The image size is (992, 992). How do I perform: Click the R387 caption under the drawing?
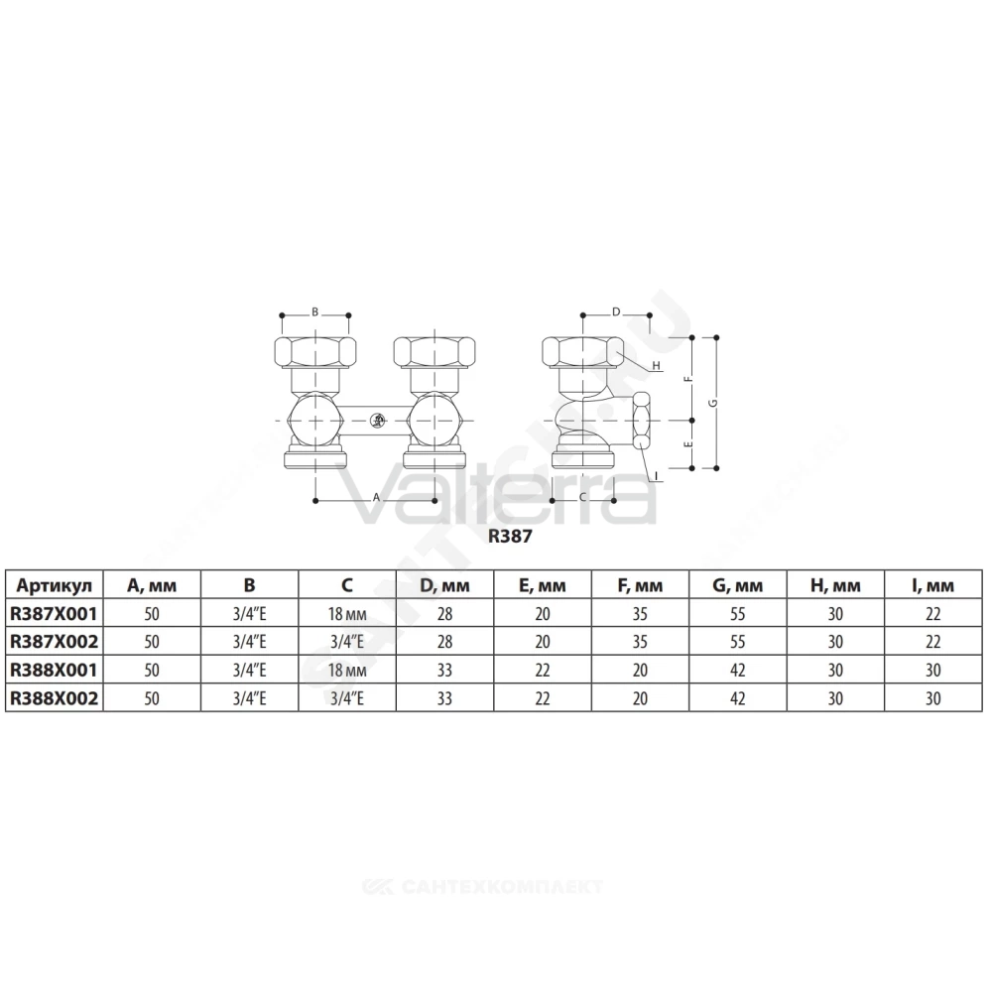click(x=510, y=537)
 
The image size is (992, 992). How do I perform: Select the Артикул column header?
click(x=55, y=585)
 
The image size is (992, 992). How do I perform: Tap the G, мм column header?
click(x=738, y=586)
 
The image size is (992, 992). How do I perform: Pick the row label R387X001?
click(x=55, y=614)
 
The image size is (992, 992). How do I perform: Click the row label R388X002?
click(x=55, y=698)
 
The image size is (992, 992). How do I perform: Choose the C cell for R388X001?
click(x=347, y=671)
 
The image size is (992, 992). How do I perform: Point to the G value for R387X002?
click(x=738, y=642)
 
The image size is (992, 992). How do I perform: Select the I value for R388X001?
click(x=933, y=671)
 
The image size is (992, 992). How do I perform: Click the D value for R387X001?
click(x=444, y=614)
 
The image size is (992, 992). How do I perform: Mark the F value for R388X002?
click(x=640, y=698)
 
